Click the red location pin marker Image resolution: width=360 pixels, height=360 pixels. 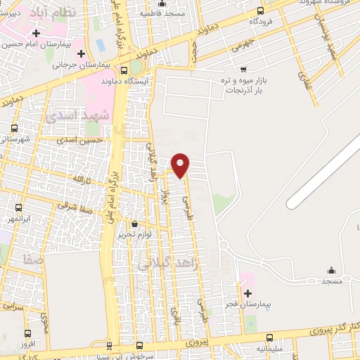(x=181, y=165)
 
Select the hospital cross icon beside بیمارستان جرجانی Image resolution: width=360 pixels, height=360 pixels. (x=82, y=53)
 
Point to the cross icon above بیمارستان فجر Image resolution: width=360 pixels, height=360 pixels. (x=247, y=292)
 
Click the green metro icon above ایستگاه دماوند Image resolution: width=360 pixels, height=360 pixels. (x=135, y=68)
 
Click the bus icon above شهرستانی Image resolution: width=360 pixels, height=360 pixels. (x=15, y=127)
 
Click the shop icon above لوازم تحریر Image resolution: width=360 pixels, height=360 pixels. (x=134, y=223)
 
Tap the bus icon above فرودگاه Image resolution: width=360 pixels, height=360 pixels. (x=262, y=11)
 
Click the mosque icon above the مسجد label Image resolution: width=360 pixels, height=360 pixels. (x=331, y=271)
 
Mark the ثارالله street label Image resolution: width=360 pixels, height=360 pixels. (x=82, y=180)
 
